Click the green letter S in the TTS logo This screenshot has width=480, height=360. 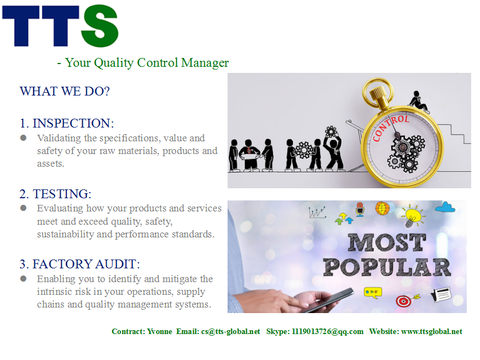click(99, 26)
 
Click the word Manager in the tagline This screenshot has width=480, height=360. click(205, 63)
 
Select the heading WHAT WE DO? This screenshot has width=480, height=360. click(65, 91)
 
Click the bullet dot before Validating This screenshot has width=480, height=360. click(23, 138)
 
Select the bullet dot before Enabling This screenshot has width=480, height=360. click(23, 279)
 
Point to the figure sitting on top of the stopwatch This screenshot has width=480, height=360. click(418, 102)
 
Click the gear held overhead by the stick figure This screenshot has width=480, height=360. click(331, 132)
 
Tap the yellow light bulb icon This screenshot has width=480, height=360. click(413, 215)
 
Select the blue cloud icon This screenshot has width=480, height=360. click(445, 208)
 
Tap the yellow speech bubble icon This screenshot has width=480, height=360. click(373, 292)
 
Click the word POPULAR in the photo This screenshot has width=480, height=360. click(387, 267)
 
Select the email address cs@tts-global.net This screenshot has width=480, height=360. click(230, 331)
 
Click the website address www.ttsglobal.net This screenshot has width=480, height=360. click(431, 331)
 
